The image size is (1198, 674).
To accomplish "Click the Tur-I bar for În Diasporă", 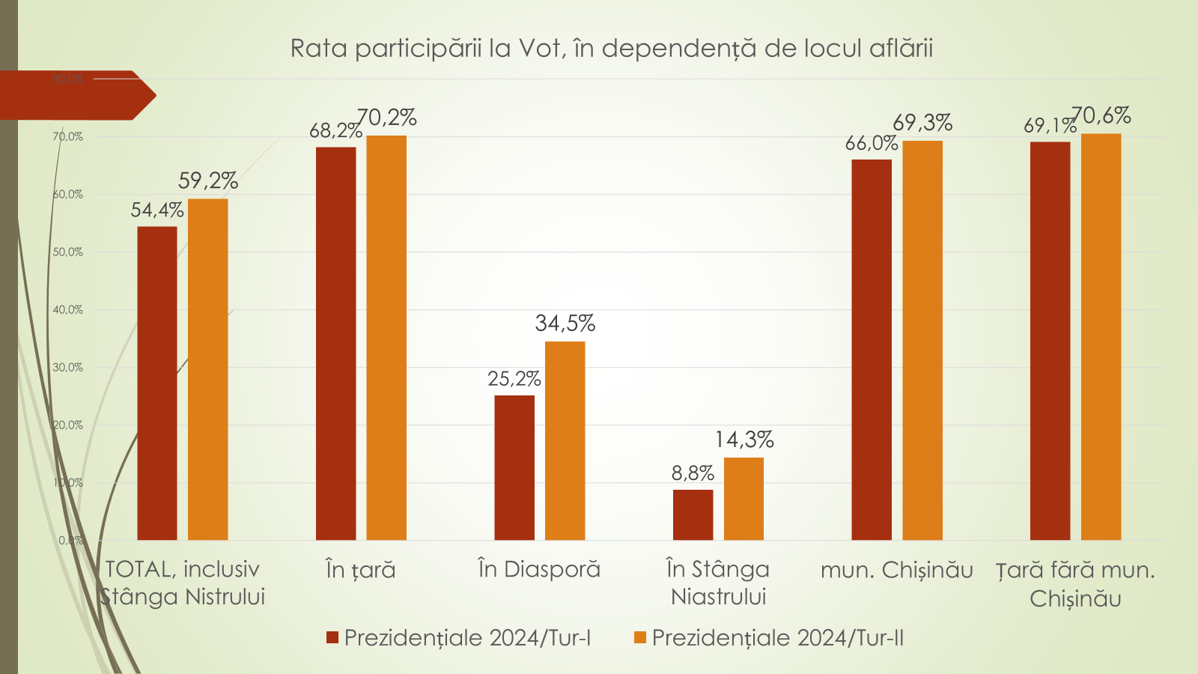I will coord(514,467).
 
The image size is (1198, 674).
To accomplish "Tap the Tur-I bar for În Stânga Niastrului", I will coord(693,514).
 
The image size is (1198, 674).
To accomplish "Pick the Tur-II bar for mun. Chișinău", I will coord(922,340).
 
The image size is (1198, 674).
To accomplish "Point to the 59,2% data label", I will coord(208,180).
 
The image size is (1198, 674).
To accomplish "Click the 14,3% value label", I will coord(744,440).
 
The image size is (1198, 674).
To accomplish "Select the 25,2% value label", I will coord(514,379).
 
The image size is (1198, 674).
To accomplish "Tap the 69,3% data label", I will coord(922,123).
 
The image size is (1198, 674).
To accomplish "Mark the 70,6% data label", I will coord(1101,115).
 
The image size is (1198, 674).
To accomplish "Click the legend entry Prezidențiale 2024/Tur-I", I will coord(459,638).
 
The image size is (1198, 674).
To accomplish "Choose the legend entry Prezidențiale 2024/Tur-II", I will coord(769,638).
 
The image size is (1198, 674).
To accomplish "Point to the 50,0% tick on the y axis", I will coord(67,252).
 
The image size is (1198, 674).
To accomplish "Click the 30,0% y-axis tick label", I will coord(67,368).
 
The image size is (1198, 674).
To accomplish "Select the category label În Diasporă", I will coord(539,570).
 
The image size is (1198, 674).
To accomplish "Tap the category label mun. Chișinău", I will coord(896,571).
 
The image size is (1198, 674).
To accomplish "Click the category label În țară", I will coord(360,571).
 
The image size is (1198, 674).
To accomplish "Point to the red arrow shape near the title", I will coord(75,95).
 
